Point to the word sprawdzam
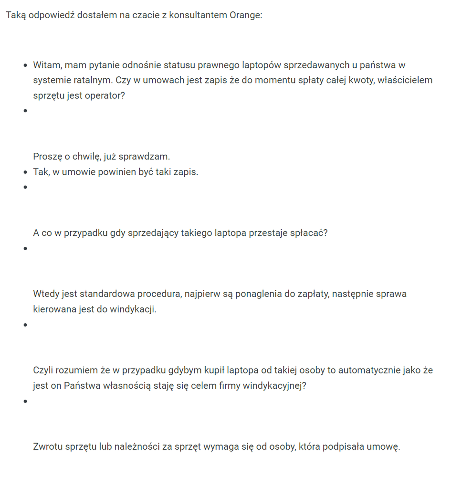pyautogui.click(x=146, y=157)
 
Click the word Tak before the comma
pyautogui.click(x=40, y=172)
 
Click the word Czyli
pyautogui.click(x=44, y=370)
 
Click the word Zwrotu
pyautogui.click(x=48, y=447)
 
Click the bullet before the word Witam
pyautogui.click(x=25, y=65)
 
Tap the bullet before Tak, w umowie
pyautogui.click(x=25, y=172)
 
